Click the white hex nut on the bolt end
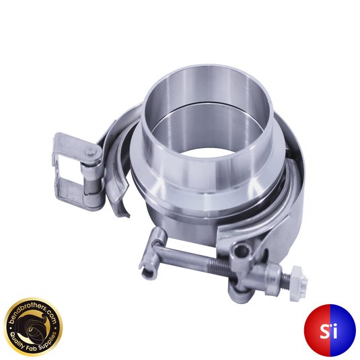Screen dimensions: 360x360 (x=299, y=283)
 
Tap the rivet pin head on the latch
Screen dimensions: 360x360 (x=90, y=152)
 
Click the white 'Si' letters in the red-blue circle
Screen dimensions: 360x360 (x=329, y=330)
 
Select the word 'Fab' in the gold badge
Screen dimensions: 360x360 (x=34, y=346)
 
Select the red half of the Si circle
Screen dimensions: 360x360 (x=317, y=330)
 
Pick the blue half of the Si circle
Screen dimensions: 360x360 (x=343, y=330)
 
